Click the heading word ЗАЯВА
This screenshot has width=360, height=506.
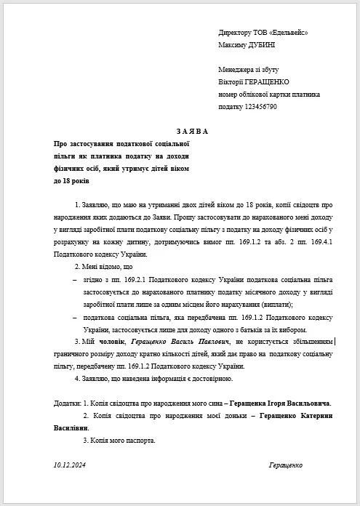[x=191, y=131]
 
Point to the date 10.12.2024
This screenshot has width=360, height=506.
[x=71, y=465]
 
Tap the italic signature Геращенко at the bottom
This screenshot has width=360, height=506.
[x=285, y=465]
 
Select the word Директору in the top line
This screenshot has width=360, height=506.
[x=236, y=33]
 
